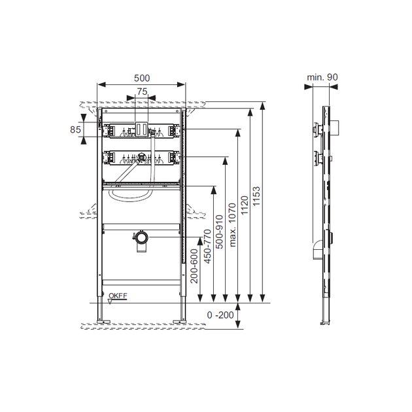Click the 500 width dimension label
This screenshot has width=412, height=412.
coord(142,78)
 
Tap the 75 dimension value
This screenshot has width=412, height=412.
coord(142,92)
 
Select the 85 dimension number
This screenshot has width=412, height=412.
coord(75,129)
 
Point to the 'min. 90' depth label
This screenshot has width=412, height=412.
coord(322,77)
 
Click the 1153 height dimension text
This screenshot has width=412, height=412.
coord(256,196)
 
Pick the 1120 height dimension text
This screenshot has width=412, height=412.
coord(245,205)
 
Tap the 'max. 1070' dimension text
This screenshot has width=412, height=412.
coord(232,225)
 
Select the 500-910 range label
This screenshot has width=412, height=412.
coord(219,232)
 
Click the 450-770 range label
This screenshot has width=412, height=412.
coord(207,247)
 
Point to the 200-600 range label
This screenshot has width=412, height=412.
coord(194,266)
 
